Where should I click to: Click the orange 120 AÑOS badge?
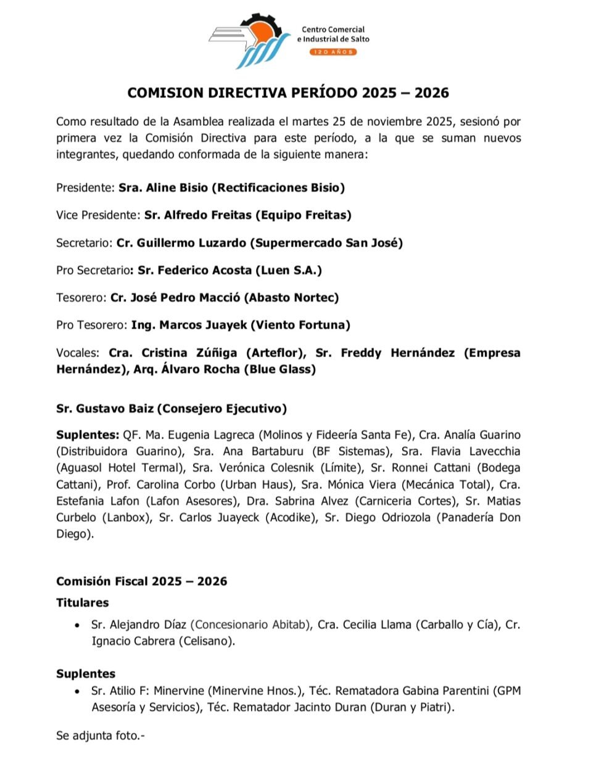coord(333,52)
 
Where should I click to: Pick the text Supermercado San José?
coord(326,243)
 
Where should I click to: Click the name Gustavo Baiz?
coord(110,408)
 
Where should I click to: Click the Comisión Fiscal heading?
coord(141,582)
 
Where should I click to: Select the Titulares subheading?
coord(82,603)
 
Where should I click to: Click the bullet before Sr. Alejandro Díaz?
coord(76,625)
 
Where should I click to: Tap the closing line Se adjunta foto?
coord(100,736)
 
